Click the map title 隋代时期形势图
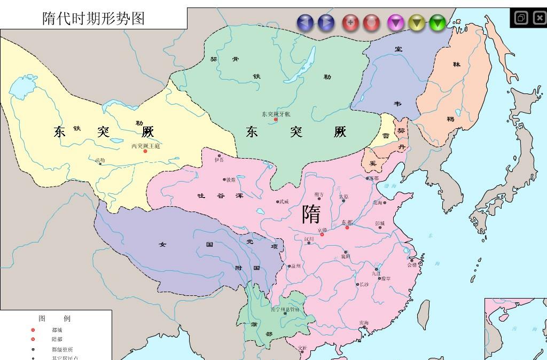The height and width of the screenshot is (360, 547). point(93,19)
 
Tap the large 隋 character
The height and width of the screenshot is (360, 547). point(311,214)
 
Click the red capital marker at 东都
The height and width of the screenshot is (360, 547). point(347,228)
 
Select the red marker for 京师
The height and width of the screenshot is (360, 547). point(322,234)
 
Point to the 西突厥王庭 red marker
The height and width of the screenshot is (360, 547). point(145,151)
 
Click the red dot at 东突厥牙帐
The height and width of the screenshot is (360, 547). point(276,119)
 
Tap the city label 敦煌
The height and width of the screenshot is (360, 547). point(230,180)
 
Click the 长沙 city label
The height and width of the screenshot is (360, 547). point(364,284)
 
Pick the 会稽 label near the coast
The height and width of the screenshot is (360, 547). point(412,264)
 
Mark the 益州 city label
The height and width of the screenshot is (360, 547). point(296,265)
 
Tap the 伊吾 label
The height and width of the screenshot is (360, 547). point(219,160)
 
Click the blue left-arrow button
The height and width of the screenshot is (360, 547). point(305,22)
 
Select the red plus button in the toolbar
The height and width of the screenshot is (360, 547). point(350,22)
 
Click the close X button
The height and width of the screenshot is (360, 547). point(539,18)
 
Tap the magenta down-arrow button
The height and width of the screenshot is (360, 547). point(395,22)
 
